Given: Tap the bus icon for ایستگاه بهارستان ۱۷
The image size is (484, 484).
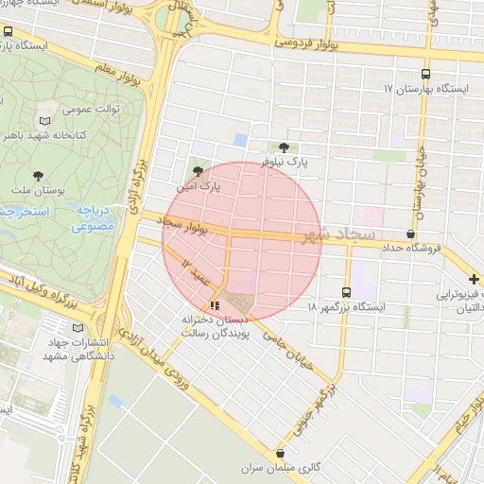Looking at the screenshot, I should pos(424,73).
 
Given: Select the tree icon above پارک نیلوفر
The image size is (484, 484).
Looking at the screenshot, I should pos(284,147).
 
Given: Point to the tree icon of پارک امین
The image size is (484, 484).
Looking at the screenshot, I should pos(197,171).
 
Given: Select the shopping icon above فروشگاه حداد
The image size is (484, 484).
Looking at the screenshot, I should pos(409,233).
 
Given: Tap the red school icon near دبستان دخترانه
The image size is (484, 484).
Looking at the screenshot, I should pos(215,305).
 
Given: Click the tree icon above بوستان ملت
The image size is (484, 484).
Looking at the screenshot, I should pos(39,176).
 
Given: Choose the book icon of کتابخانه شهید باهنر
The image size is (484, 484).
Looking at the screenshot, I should pos(44,120).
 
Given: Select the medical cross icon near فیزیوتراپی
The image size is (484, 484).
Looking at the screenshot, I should pos(473,279).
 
